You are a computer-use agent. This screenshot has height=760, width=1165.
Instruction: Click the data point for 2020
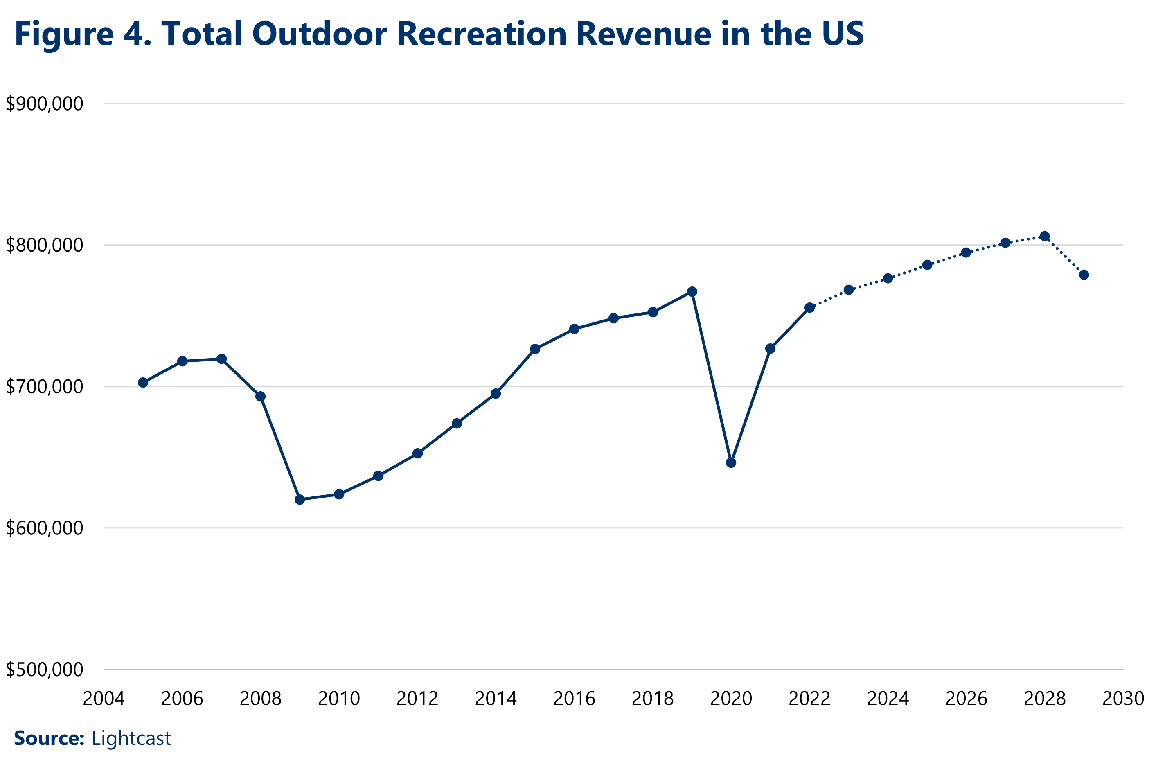coord(731,463)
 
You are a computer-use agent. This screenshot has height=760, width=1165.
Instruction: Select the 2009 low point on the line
coord(300,499)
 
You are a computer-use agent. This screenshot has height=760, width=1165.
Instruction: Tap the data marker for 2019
coord(692,292)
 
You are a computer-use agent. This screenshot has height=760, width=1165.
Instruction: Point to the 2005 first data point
coord(143,382)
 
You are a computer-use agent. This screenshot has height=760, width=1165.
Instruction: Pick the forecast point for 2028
coord(1045,236)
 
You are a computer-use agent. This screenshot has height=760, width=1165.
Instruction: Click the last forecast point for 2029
coord(1084,275)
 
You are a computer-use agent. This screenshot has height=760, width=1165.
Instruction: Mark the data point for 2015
coord(535,349)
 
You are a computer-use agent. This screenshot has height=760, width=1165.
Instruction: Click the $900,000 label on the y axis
coord(45,104)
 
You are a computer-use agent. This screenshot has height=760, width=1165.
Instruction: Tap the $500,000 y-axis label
coord(45,670)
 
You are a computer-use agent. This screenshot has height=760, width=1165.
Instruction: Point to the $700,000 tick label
coord(45,387)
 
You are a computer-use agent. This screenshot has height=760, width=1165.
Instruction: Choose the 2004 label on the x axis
coord(104,698)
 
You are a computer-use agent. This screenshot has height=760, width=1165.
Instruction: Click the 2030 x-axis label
coord(1123,698)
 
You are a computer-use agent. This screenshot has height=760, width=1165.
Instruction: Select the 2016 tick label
coord(574,698)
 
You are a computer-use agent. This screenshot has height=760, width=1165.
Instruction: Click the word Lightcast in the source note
coord(131,738)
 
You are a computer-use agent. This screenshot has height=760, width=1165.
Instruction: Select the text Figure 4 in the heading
coord(81,34)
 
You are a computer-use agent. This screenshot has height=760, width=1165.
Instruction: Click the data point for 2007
coord(221,359)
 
